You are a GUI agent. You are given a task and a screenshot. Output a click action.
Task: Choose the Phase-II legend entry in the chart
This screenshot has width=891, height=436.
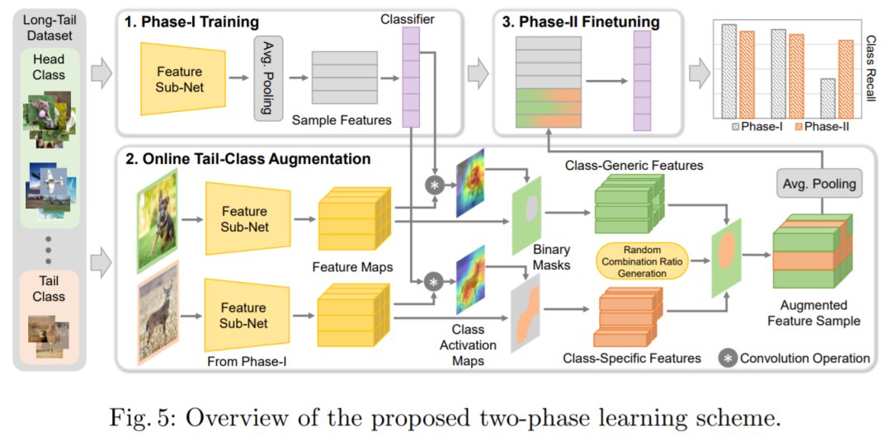click(821, 127)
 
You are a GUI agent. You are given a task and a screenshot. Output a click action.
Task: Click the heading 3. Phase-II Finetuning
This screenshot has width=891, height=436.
click(579, 22)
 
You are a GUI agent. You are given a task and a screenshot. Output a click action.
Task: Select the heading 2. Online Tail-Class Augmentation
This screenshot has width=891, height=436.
click(247, 158)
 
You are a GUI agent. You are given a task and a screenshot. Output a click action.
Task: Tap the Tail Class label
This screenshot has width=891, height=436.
click(49, 288)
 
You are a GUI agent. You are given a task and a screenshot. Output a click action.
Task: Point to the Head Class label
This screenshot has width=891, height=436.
click(49, 67)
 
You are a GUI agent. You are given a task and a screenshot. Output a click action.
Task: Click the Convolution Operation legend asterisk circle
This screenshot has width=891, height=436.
click(728, 359)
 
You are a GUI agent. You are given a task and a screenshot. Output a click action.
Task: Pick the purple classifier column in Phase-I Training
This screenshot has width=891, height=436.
click(410, 77)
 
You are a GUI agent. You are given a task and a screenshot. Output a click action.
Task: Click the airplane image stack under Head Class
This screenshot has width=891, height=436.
click(49, 186)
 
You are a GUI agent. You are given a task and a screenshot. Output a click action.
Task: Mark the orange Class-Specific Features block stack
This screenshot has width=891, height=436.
click(628, 317)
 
